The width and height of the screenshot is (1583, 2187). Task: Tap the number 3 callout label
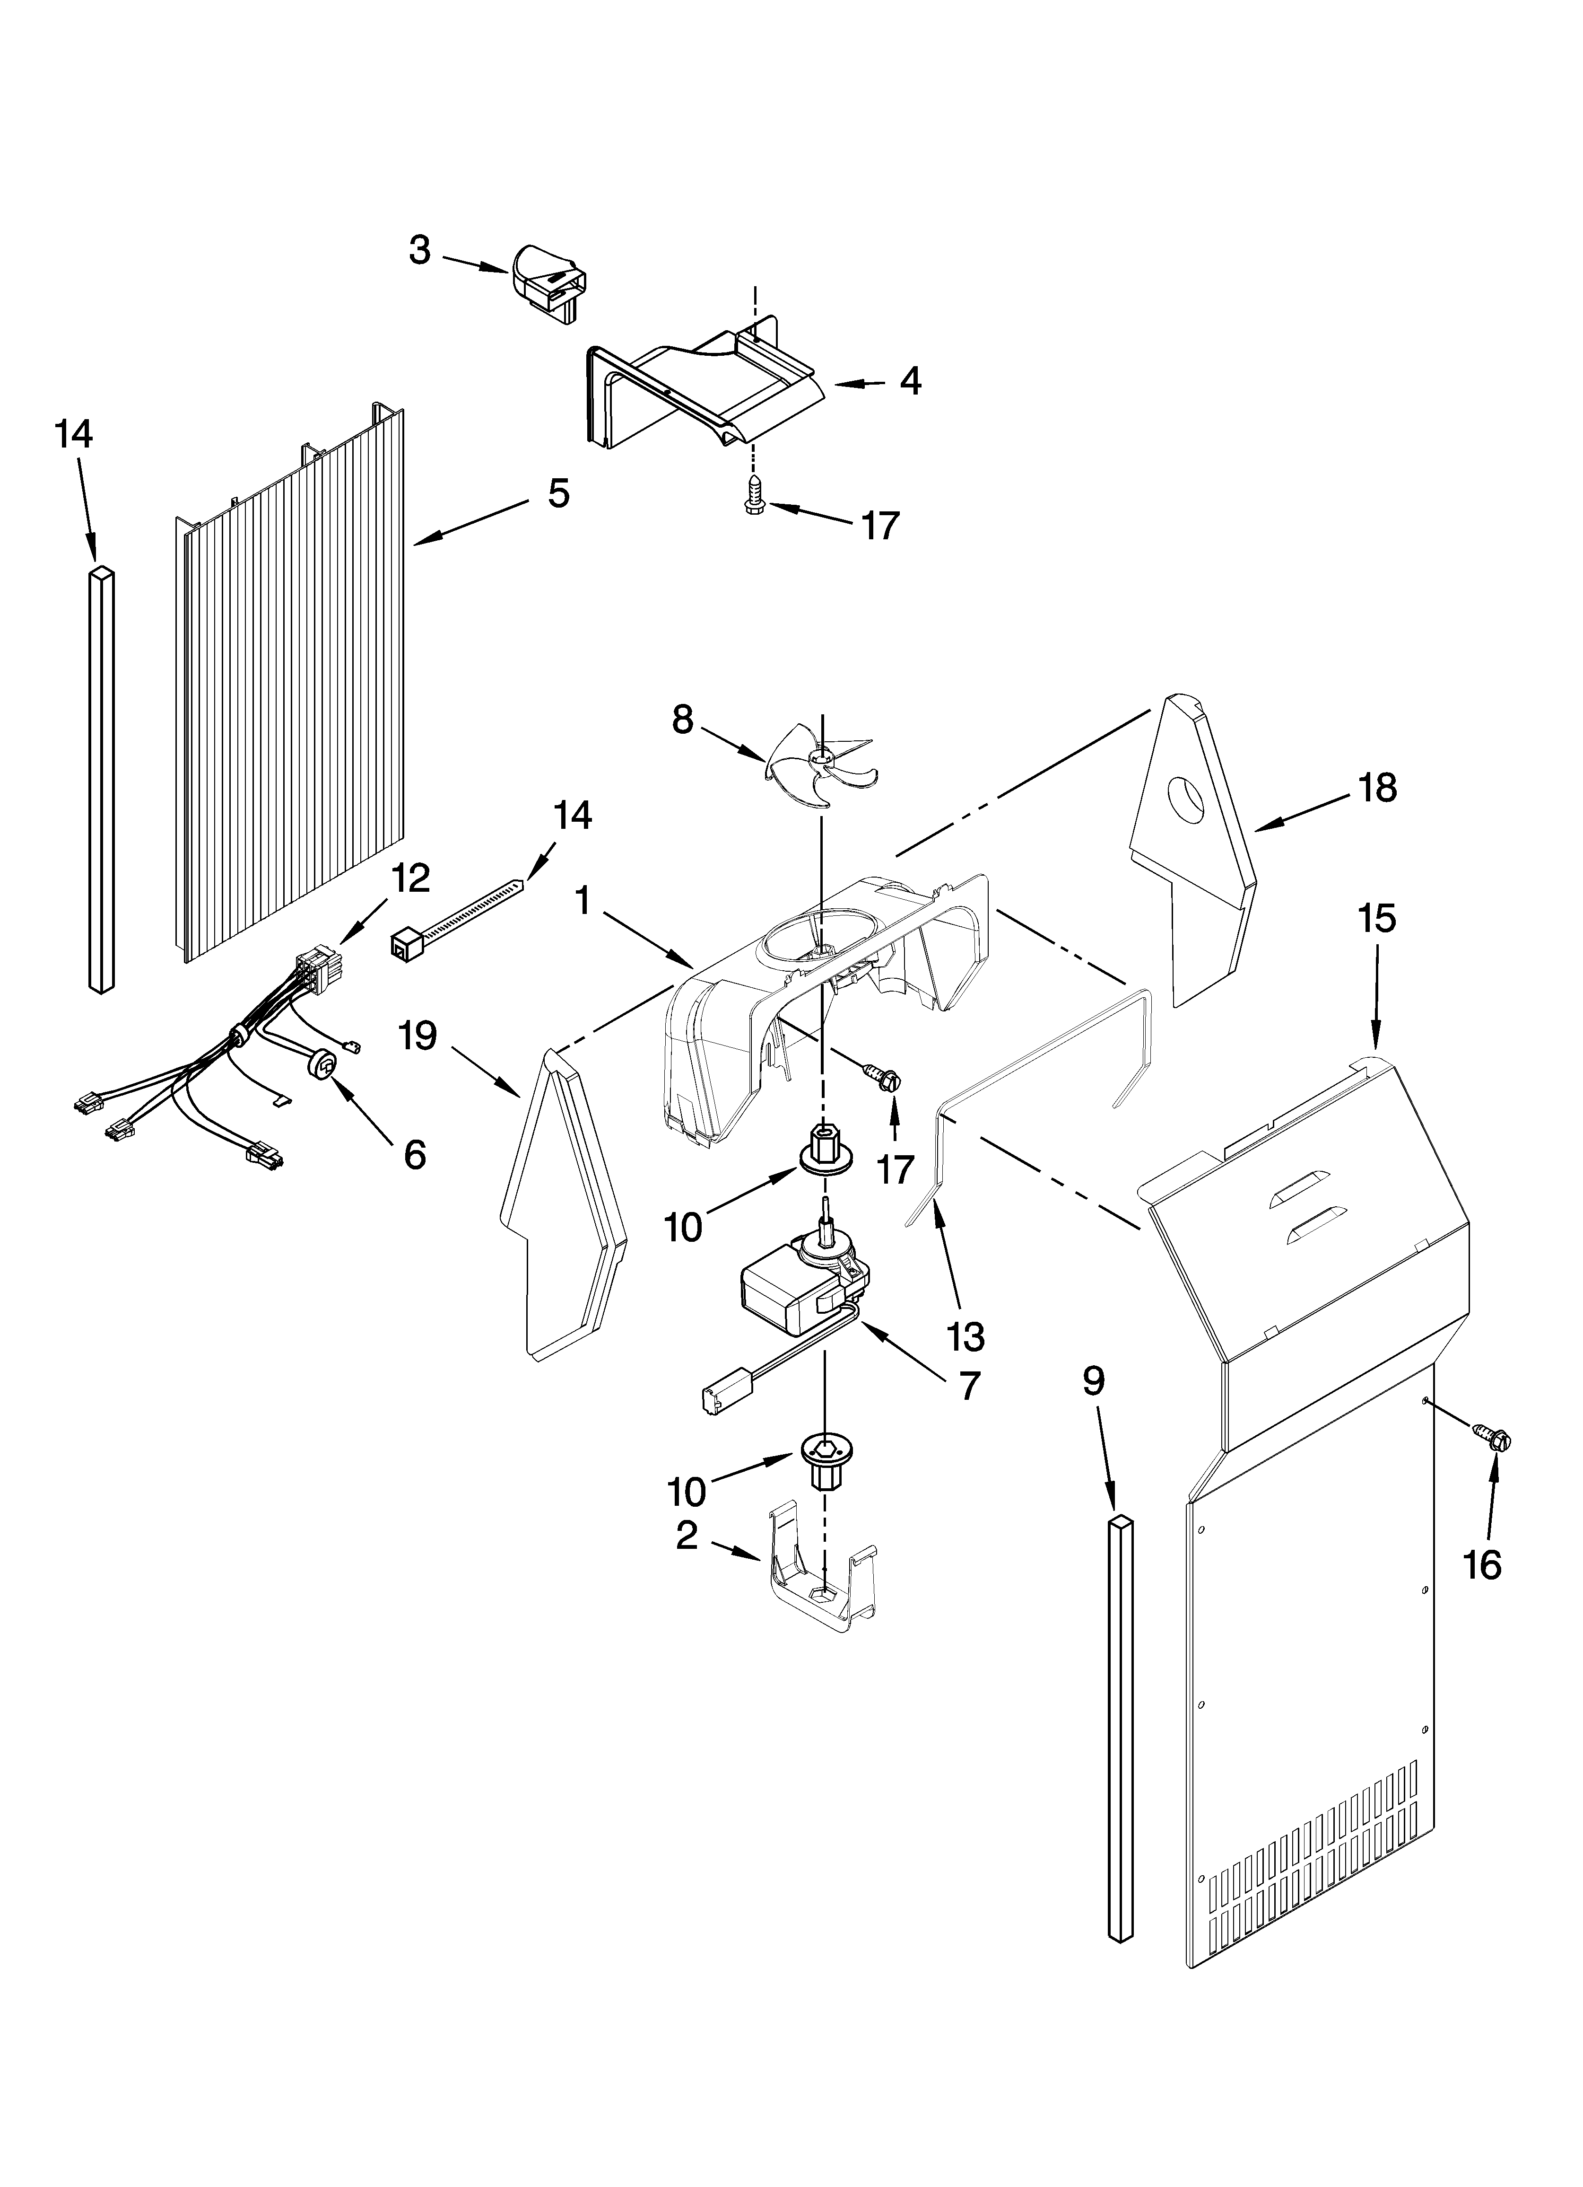(419, 251)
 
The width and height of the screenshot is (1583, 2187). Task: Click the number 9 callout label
(1092, 1382)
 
